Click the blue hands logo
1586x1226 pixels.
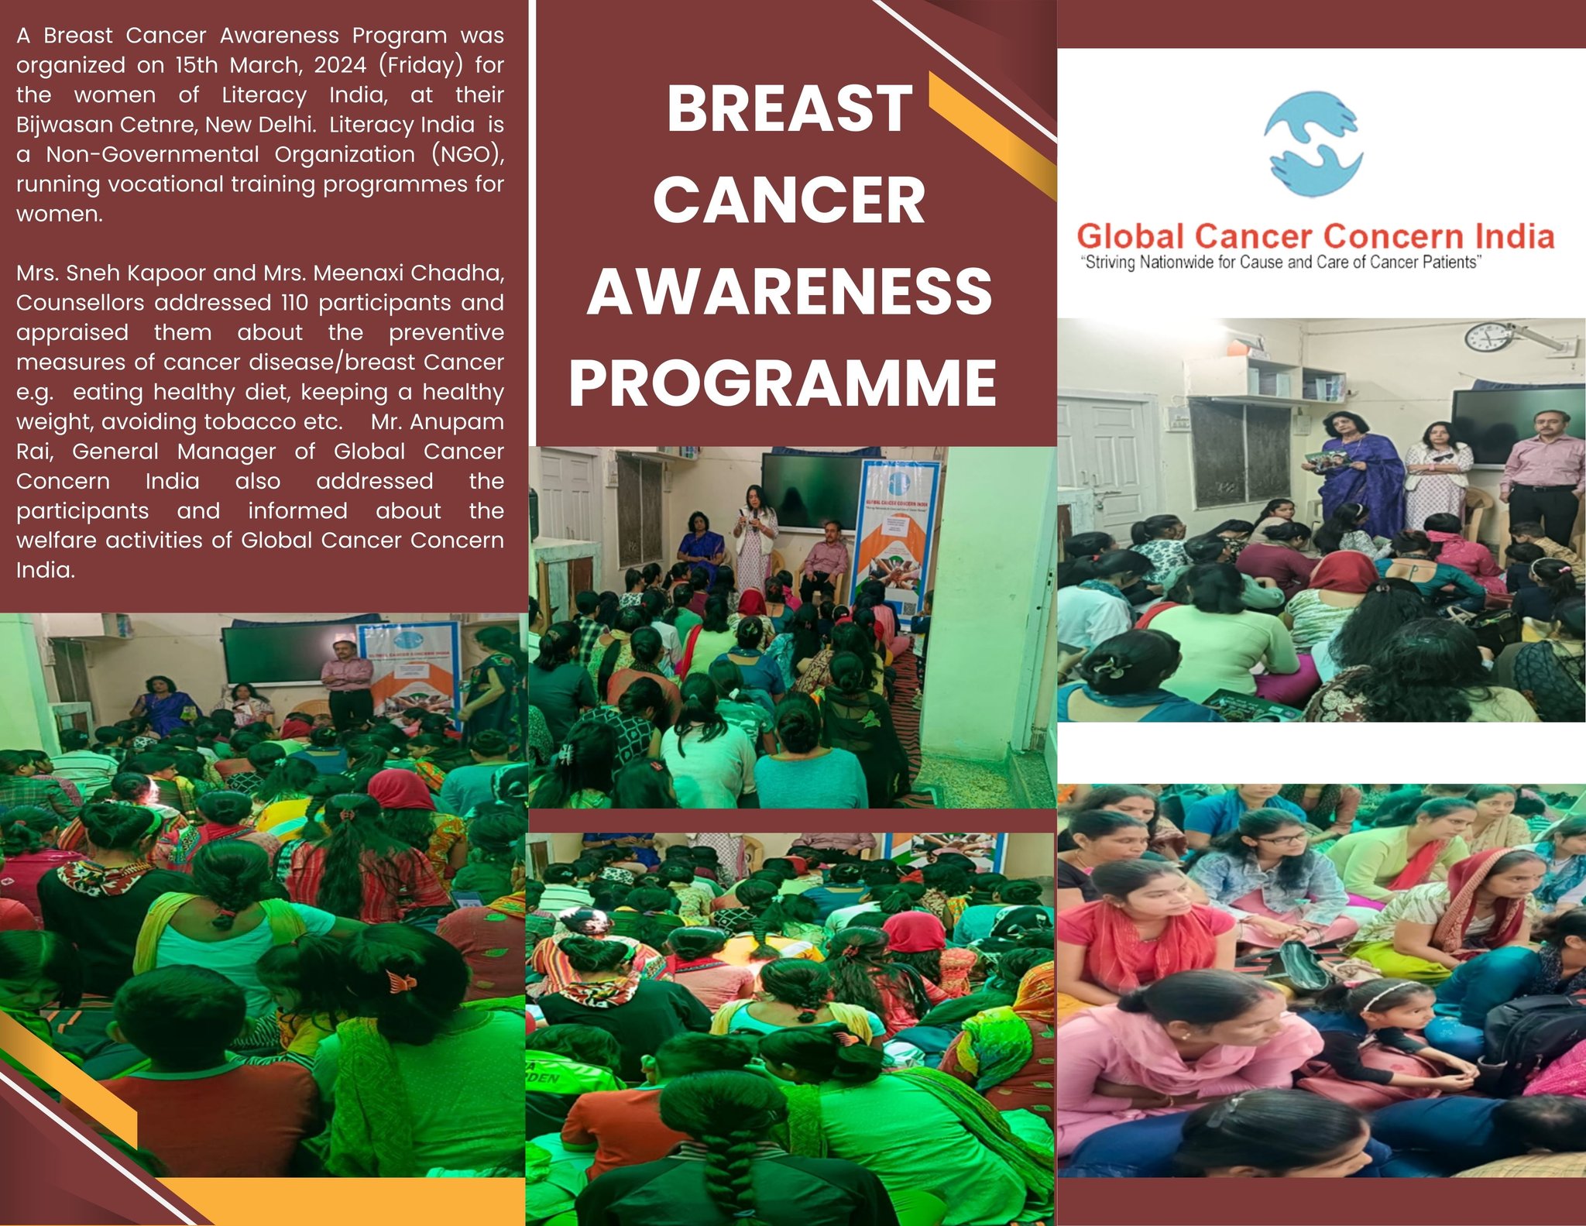click(x=1312, y=144)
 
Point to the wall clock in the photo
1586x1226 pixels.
click(x=1488, y=337)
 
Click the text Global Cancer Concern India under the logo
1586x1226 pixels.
click(x=1315, y=236)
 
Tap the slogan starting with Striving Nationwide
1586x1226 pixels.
click(x=1281, y=263)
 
